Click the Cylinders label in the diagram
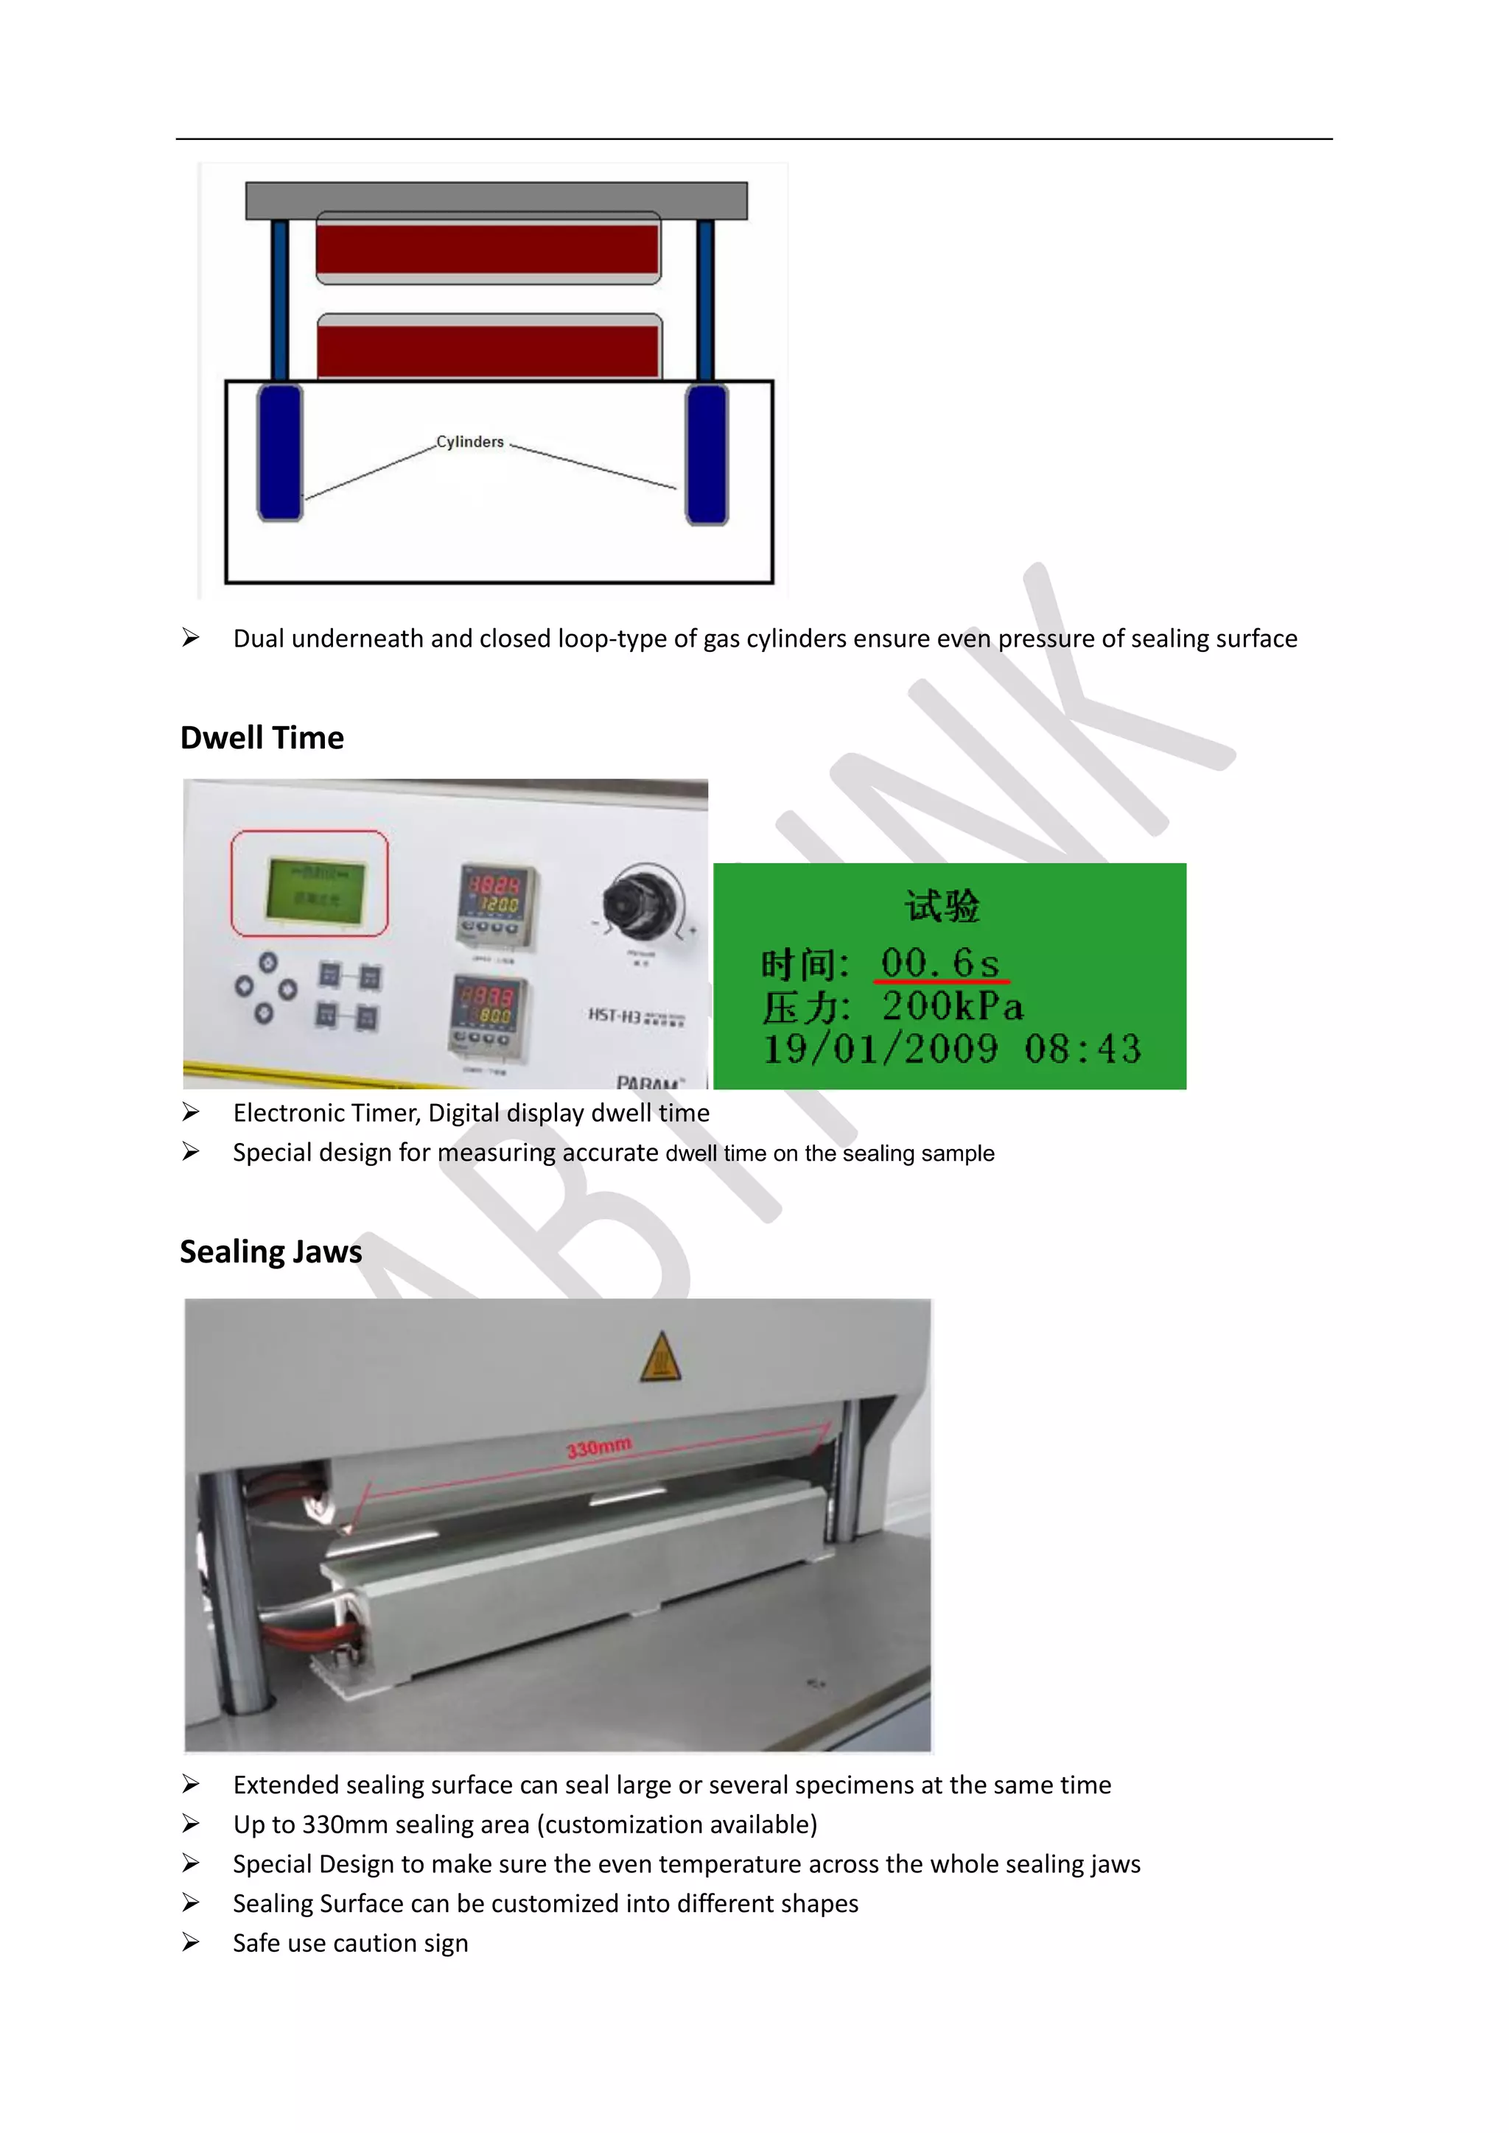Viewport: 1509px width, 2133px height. coord(469,442)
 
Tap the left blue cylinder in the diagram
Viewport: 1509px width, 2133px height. coord(280,454)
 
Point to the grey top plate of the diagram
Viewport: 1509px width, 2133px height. coord(496,200)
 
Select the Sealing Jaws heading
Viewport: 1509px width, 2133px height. coord(270,1251)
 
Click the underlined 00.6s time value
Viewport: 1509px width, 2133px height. coord(939,963)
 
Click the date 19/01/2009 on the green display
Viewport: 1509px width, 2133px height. coord(880,1050)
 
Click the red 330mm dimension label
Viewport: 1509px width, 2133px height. coord(599,1447)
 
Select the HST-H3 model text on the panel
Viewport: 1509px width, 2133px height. coord(615,1016)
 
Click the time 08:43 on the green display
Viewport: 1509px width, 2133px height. coord(1082,1050)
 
